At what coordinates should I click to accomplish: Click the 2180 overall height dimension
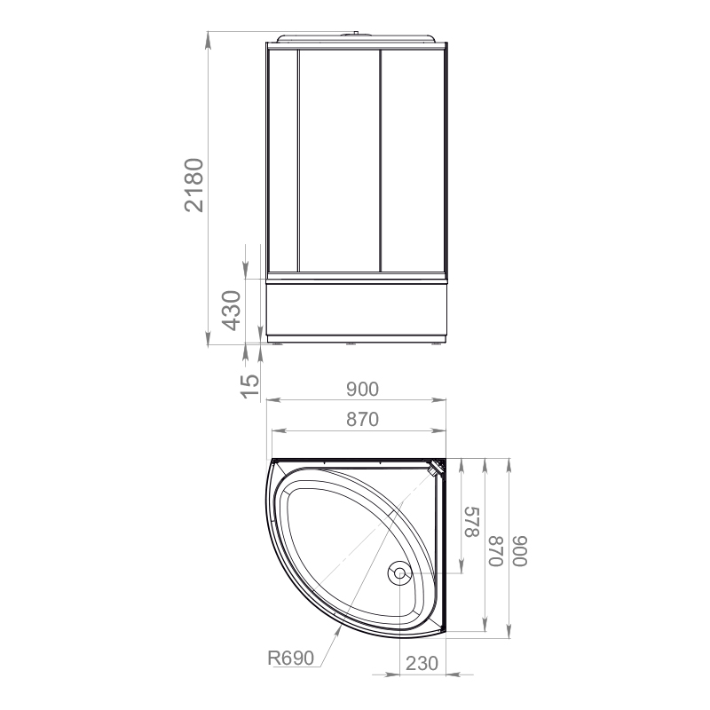point(193,185)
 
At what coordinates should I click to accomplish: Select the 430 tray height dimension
point(232,311)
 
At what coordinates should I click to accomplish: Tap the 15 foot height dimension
point(250,386)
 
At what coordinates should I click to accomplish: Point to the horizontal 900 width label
point(362,389)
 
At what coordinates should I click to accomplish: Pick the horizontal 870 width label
point(362,419)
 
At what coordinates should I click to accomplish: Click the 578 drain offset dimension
point(472,522)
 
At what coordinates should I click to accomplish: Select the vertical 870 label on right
point(496,550)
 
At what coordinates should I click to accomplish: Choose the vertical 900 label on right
point(520,550)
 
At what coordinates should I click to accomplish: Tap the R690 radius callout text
point(291,658)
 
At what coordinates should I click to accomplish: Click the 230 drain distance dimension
point(422,663)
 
